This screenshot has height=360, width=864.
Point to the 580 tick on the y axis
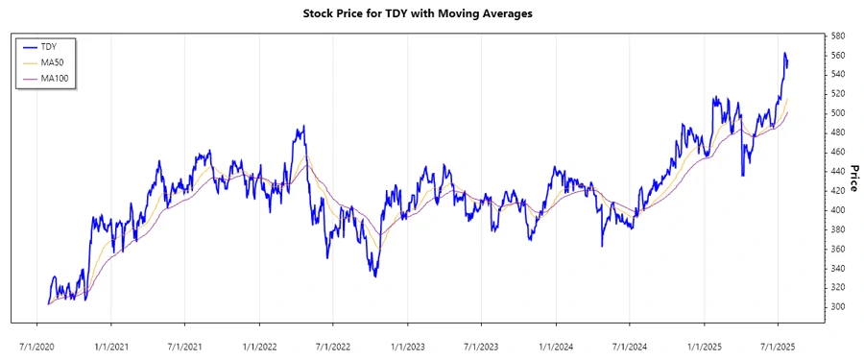tap(838, 36)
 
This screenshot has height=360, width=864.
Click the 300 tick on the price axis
tap(838, 307)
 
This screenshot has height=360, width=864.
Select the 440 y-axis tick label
tap(838, 171)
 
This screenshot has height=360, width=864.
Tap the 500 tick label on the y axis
tap(838, 113)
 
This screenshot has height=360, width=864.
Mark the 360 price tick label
tap(838, 249)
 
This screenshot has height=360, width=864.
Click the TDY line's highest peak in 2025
tap(784, 53)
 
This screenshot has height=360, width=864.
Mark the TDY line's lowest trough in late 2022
tap(375, 276)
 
